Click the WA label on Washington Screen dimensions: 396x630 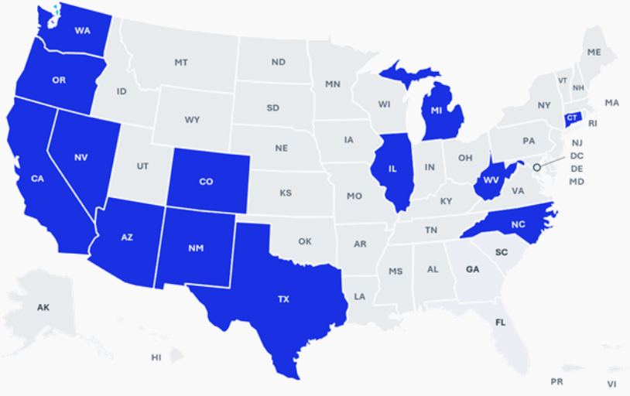click(82, 31)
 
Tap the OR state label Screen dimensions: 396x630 click(59, 80)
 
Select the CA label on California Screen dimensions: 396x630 click(37, 179)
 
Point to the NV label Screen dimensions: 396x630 click(80, 158)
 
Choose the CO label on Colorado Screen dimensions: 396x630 click(206, 182)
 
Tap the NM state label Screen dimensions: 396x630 click(197, 249)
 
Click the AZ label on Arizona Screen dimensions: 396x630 click(127, 237)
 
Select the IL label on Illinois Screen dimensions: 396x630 click(393, 168)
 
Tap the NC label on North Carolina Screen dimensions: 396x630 click(519, 225)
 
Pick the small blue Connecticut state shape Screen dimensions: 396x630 click(571, 118)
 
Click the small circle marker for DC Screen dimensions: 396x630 click(536, 165)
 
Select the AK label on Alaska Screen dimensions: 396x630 click(43, 308)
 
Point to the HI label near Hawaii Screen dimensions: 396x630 click(156, 357)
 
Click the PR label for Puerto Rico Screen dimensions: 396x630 click(556, 382)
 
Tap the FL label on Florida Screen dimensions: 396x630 click(501, 319)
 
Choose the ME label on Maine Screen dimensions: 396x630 click(594, 52)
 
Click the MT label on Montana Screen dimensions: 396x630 click(181, 62)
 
